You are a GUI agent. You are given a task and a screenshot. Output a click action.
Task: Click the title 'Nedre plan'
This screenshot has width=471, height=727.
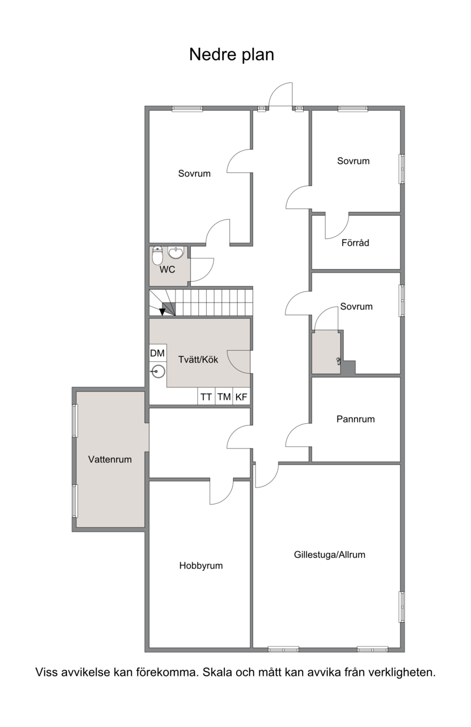pyautogui.click(x=231, y=55)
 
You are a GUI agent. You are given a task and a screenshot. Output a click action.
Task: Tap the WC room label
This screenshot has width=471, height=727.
pyautogui.click(x=167, y=270)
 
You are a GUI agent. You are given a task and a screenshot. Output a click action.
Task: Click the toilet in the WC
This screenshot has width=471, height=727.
pyautogui.click(x=157, y=255)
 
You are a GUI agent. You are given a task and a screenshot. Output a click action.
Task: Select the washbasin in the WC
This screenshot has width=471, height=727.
pyautogui.click(x=176, y=253)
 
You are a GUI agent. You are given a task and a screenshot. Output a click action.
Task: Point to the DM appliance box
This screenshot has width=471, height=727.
pyautogui.click(x=158, y=353)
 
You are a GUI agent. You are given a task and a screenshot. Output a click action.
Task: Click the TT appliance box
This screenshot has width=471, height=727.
pyautogui.click(x=206, y=396)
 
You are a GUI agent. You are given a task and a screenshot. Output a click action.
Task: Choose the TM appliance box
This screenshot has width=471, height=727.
pyautogui.click(x=224, y=396)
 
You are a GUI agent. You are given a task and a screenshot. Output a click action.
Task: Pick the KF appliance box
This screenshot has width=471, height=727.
pyautogui.click(x=241, y=396)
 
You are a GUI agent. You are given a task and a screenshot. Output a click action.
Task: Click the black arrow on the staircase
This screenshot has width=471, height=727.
pyautogui.click(x=162, y=311)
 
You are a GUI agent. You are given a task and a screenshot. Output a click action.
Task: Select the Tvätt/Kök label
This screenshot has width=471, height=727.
pyautogui.click(x=198, y=360)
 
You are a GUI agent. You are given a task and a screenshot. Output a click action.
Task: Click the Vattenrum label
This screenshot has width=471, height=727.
pyautogui.click(x=110, y=459)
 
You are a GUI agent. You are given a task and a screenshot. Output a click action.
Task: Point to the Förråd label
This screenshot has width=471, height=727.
pyautogui.click(x=355, y=243)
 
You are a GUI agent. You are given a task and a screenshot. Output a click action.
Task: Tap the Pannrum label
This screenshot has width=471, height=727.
pyautogui.click(x=356, y=419)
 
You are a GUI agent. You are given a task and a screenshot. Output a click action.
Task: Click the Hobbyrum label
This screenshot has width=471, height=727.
pyautogui.click(x=201, y=566)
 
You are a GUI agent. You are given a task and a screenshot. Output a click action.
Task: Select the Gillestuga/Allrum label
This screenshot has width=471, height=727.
pyautogui.click(x=330, y=555)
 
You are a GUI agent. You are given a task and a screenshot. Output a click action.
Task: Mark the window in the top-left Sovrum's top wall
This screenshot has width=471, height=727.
pyautogui.click(x=187, y=109)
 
